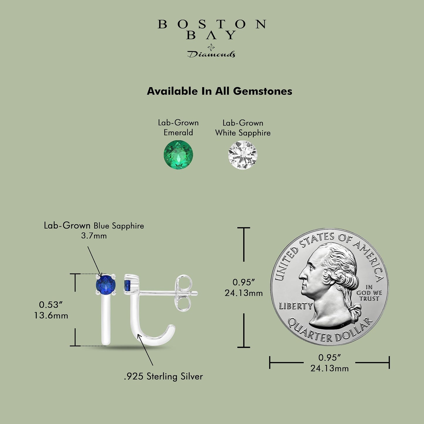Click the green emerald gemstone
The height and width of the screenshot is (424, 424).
(178, 155)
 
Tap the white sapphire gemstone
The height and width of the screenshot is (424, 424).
(243, 155)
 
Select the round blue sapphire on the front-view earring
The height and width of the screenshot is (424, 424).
(106, 285)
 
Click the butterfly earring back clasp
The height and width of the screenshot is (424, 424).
(184, 293)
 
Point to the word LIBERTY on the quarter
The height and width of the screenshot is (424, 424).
(296, 306)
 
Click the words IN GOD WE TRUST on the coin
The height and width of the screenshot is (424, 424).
(369, 293)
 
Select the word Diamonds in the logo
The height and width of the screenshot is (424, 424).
(211, 54)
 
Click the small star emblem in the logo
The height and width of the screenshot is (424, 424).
(211, 47)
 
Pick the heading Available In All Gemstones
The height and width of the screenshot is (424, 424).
(219, 91)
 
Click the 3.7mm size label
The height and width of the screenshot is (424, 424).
(94, 236)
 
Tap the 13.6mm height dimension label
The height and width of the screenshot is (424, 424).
(51, 316)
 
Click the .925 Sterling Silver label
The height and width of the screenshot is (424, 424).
(163, 376)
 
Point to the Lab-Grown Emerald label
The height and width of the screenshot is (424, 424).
(178, 128)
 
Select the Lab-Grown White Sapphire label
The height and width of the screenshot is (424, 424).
(243, 128)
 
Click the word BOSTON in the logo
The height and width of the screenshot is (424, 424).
(212, 24)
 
